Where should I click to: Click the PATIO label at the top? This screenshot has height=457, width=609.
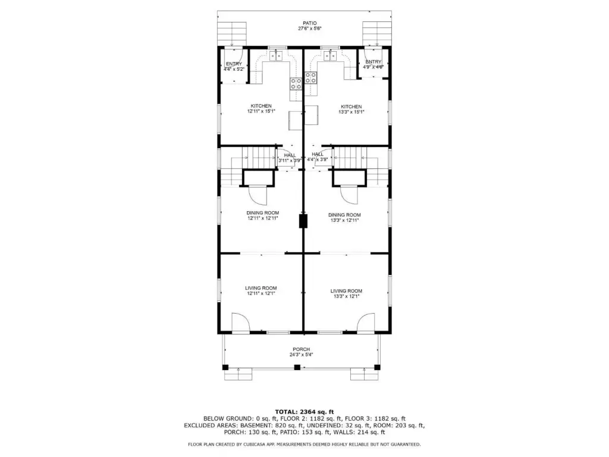click(309, 23)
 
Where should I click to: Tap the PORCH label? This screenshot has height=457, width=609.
click(302, 349)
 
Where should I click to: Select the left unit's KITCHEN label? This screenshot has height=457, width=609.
click(261, 106)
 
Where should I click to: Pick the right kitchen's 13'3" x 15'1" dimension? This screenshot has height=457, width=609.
click(351, 112)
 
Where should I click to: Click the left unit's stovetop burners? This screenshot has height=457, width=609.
click(296, 84)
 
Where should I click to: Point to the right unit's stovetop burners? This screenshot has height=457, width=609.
click(310, 78)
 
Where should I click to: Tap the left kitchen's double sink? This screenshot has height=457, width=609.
click(276, 56)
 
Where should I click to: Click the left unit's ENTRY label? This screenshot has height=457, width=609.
click(234, 64)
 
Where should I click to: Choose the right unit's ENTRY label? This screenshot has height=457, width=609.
click(373, 62)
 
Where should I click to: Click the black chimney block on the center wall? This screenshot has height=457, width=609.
click(303, 221)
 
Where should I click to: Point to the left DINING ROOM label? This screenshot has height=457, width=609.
click(262, 213)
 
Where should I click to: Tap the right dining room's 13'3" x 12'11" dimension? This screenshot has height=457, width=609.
click(344, 220)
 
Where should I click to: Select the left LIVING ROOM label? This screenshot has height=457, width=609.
click(261, 289)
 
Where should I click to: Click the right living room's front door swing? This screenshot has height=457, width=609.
click(366, 323)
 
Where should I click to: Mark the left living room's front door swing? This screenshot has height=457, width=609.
click(241, 323)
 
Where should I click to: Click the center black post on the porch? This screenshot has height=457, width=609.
click(297, 367)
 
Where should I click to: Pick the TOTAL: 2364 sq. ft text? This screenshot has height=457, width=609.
click(304, 412)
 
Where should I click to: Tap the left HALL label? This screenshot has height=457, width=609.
click(290, 155)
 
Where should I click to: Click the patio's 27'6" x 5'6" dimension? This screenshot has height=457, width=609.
click(309, 29)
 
